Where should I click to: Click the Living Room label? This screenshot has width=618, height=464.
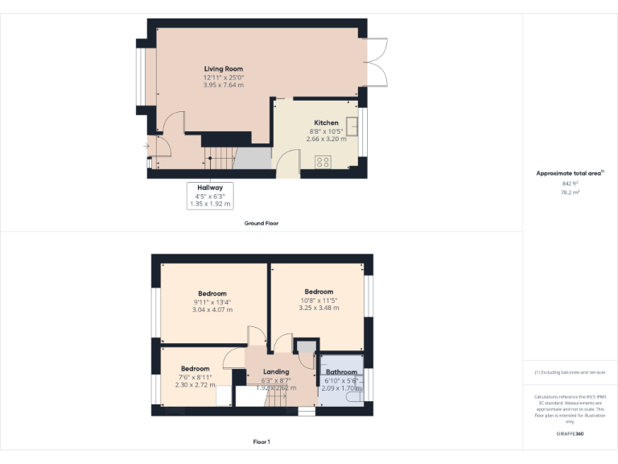coord(223,69)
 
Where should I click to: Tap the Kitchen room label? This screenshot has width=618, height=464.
coord(326,123)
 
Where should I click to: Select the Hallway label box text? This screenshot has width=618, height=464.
coord(210,188)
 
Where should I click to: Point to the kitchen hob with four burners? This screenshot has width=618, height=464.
coord(323,161)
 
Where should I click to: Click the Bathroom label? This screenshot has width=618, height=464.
coord(341,372)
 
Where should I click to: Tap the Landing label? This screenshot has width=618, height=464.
coord(276,372)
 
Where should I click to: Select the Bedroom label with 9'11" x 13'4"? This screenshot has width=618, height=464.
coord(212,293)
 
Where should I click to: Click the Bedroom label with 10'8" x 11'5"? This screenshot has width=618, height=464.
coord(319,292)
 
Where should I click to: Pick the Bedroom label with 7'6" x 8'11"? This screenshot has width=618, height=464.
coord(195,368)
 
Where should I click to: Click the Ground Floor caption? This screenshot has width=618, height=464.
coord(262,222)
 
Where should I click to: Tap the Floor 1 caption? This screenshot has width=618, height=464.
coord(262,441)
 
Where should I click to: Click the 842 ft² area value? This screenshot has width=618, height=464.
coord(570,183)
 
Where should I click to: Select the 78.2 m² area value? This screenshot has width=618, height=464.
coord(570,193)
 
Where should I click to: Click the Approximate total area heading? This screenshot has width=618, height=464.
coord(569,173)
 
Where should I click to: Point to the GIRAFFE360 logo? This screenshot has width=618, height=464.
coord(570,433)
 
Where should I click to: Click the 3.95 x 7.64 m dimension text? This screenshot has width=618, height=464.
coord(223,85)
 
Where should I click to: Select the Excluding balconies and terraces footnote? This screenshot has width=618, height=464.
coord(570,372)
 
